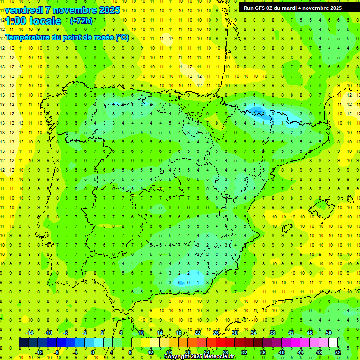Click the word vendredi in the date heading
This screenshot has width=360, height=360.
[x=23, y=10]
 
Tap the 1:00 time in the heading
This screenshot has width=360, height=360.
[x=15, y=21]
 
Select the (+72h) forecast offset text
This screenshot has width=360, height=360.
[x=81, y=21]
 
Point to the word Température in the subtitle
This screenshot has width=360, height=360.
[x=29, y=37]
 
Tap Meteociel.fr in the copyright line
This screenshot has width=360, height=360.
[x=217, y=357]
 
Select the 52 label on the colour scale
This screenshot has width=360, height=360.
[x=338, y=352]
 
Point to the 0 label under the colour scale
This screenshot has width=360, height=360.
[x=94, y=352]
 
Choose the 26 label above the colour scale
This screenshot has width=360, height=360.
[x=216, y=333]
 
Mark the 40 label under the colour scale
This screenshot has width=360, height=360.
[x=282, y=352]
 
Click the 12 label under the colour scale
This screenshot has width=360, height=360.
[x=150, y=352]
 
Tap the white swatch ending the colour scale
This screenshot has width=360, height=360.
[x=333, y=342]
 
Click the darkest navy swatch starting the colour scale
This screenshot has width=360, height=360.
[x=23, y=342]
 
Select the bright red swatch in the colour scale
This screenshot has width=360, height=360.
[x=221, y=342]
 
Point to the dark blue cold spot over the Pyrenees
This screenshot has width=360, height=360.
[x=256, y=111]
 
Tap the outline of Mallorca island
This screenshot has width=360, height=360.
[x=323, y=205]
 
